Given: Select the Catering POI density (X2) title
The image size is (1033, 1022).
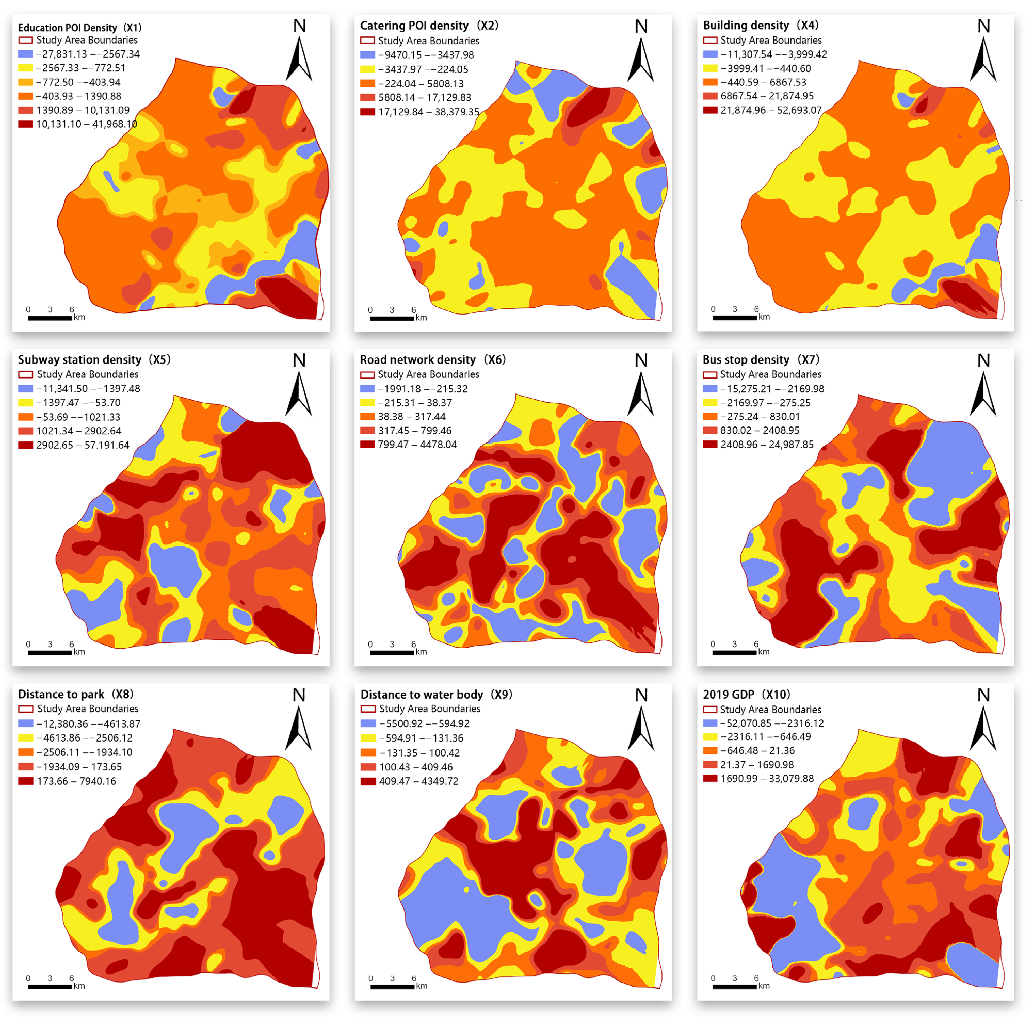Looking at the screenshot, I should click(x=429, y=26).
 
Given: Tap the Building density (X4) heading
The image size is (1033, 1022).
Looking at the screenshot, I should click(x=760, y=25).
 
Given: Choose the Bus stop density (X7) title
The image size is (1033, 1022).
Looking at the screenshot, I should click(x=760, y=359).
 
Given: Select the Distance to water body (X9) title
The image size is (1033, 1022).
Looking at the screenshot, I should click(x=436, y=694).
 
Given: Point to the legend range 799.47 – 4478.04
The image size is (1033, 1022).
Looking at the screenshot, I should click(x=417, y=444).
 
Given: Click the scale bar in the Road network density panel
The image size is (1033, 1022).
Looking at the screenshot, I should click(x=392, y=653).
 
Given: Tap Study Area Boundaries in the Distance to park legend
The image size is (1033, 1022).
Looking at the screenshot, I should click(x=88, y=709).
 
